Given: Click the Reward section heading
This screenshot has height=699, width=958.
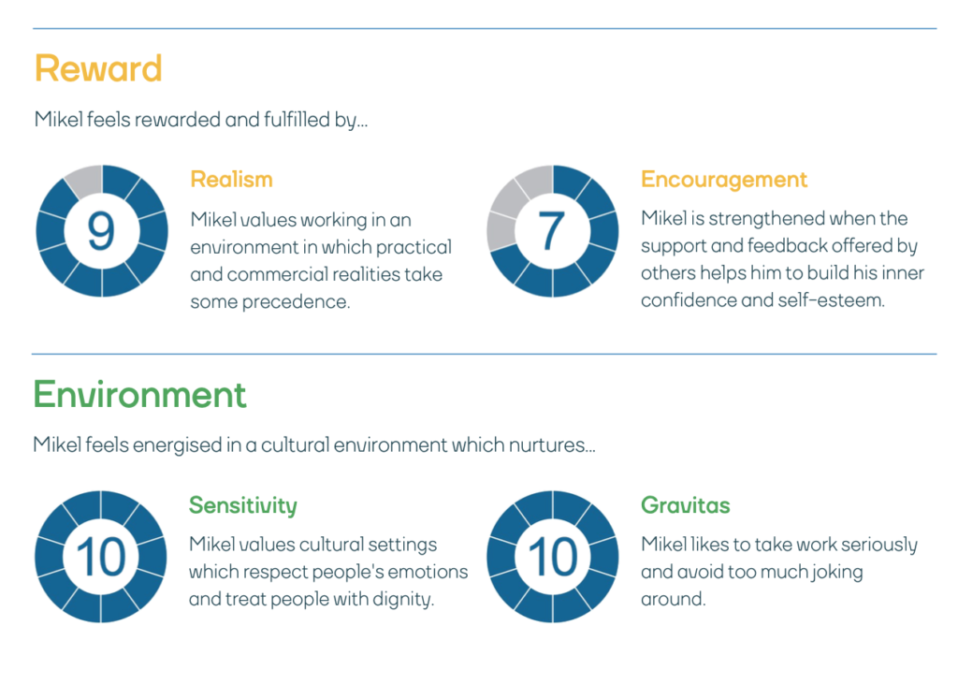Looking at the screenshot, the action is (x=98, y=67).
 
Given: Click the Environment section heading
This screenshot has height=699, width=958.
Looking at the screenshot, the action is (x=140, y=394).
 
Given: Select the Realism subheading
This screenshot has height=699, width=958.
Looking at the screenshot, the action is (x=232, y=180).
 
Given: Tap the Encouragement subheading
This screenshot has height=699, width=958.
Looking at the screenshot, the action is (x=724, y=181).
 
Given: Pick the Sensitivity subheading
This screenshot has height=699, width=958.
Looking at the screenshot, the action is (x=243, y=506).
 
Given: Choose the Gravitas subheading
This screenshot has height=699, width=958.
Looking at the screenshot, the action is (x=686, y=505).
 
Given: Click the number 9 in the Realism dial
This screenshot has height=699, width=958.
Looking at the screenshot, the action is (x=101, y=231).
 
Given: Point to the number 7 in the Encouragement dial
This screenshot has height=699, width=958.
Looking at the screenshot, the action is (x=551, y=231).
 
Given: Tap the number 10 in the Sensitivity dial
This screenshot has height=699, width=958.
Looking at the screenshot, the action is (x=101, y=557).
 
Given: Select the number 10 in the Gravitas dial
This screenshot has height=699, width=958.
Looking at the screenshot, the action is (x=553, y=557).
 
